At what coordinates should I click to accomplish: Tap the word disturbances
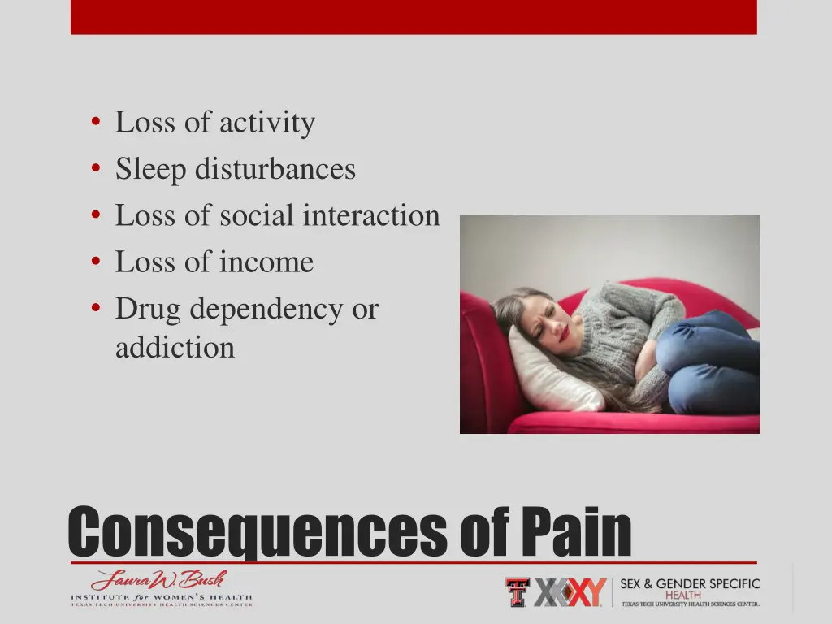coord(275,170)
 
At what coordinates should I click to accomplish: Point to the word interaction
coord(370,216)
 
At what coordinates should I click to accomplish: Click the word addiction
coord(175,348)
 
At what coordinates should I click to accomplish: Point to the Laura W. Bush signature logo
coord(158,580)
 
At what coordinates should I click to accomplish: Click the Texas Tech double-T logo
coord(517,592)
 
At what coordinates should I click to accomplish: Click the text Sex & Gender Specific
coord(690,583)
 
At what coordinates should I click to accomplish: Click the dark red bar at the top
coord(414,16)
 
